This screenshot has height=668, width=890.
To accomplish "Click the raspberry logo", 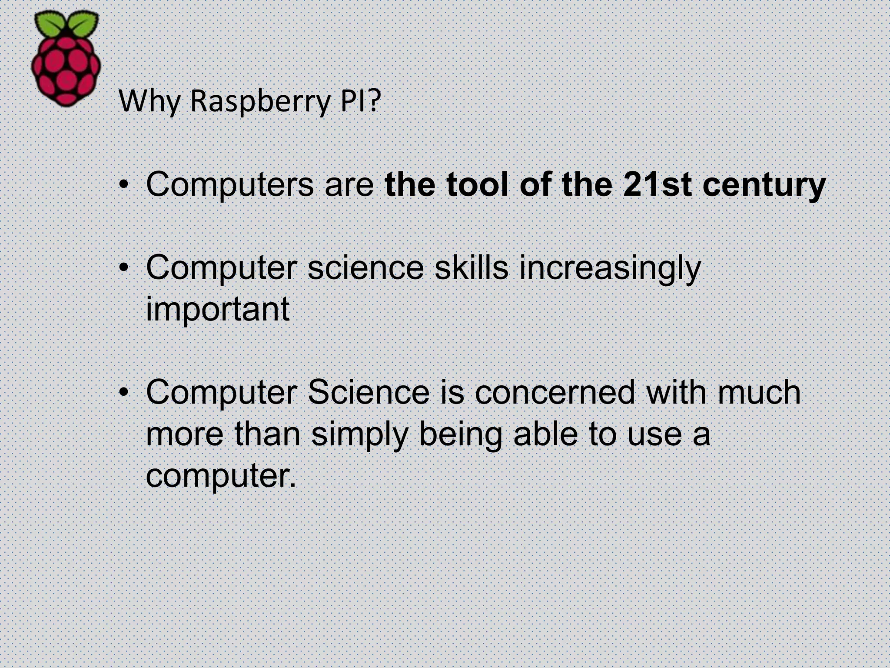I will point(66,61).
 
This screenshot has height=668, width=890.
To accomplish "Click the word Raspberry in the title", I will point(259,101).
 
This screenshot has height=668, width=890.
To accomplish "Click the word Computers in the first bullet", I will point(229,184).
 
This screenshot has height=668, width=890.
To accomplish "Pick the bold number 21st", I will point(657,184).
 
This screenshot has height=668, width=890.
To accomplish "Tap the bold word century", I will point(764,185).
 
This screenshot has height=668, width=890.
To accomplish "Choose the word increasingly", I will point(610,269).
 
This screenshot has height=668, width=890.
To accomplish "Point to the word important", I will point(217,310).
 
